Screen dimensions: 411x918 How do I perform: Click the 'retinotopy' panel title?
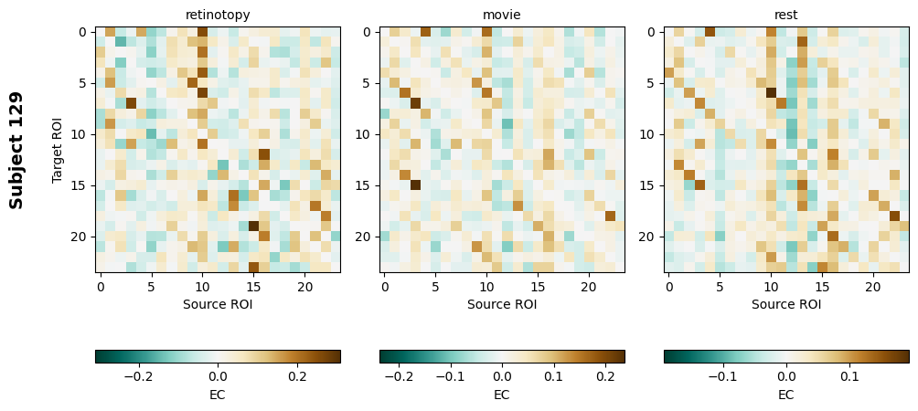click(x=218, y=15)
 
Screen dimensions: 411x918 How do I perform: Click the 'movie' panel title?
click(x=502, y=15)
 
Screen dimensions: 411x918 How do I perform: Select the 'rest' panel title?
click(x=786, y=15)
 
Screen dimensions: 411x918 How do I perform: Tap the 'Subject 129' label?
click(x=16, y=150)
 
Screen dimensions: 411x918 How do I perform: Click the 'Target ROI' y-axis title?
click(x=58, y=150)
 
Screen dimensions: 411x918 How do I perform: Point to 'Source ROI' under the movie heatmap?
click(x=502, y=304)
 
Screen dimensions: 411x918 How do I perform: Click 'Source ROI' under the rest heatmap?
click(x=786, y=304)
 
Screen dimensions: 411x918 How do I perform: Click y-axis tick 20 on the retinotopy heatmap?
click(x=80, y=237)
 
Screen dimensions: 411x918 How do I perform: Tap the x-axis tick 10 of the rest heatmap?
click(x=771, y=287)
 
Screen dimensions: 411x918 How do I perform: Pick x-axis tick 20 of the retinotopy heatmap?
click(x=304, y=287)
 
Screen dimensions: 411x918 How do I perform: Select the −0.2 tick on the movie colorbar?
click(x=399, y=375)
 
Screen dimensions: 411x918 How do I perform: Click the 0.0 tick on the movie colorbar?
click(x=502, y=375)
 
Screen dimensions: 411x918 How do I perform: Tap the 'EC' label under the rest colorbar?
click(x=786, y=395)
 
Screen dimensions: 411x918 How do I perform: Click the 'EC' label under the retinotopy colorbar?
click(x=218, y=395)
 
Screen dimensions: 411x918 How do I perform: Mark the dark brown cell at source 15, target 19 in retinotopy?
click(x=253, y=226)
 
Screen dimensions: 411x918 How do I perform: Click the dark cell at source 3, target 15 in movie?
click(x=415, y=185)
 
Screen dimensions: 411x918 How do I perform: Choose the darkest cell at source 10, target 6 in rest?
click(x=771, y=93)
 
